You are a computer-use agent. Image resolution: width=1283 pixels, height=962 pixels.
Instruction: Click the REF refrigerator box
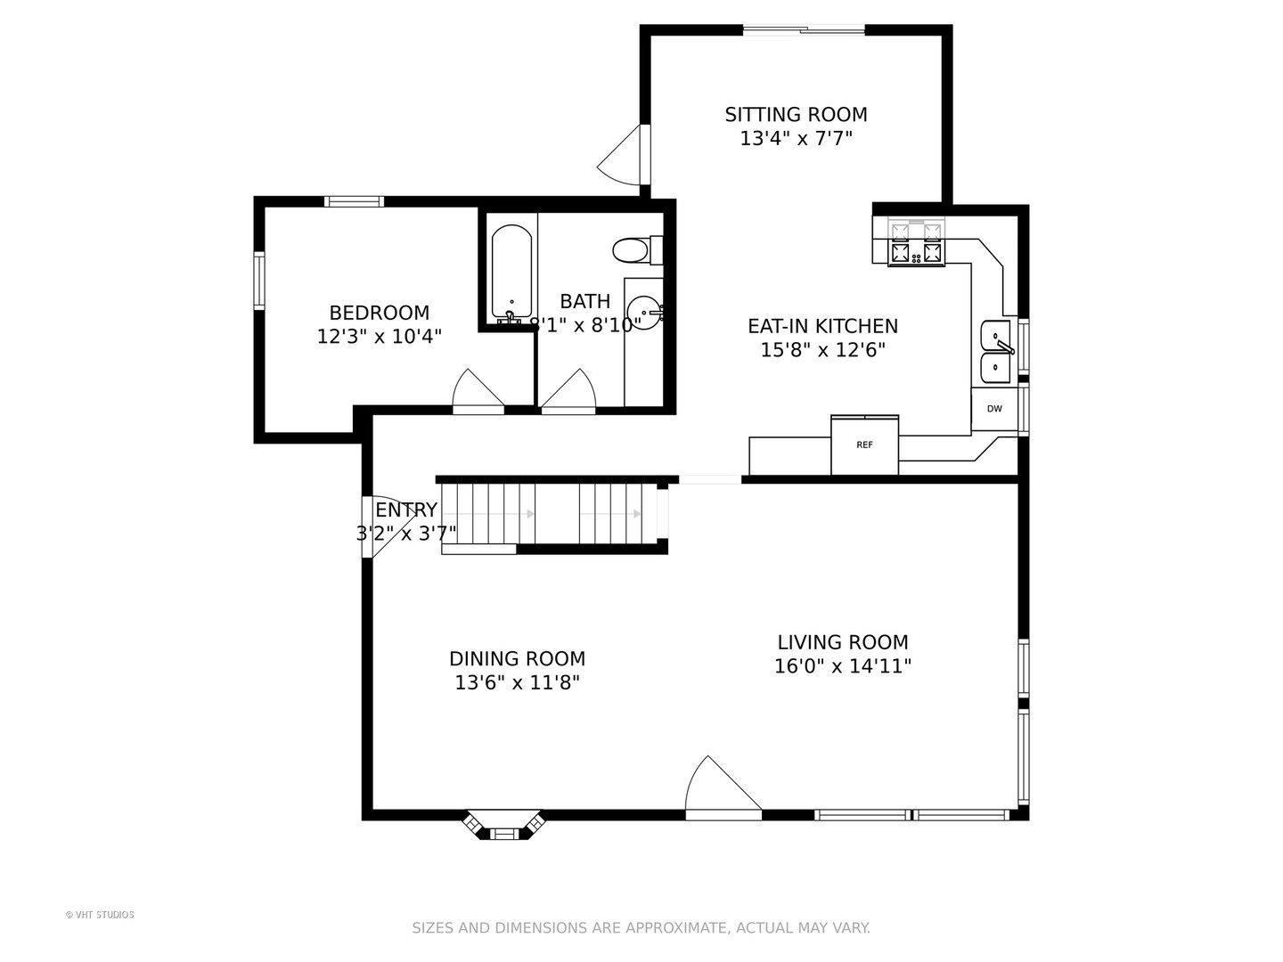click(864, 444)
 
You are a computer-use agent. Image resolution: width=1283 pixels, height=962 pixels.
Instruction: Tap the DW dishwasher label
click(994, 409)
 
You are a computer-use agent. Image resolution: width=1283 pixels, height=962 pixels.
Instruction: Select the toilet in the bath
click(638, 250)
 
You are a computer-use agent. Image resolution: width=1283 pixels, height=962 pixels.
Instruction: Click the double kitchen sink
click(997, 352)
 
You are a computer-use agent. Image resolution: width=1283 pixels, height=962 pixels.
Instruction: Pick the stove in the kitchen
click(916, 243)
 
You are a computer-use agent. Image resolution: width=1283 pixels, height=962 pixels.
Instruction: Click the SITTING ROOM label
click(797, 115)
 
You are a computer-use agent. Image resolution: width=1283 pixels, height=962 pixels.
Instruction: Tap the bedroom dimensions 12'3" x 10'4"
click(380, 337)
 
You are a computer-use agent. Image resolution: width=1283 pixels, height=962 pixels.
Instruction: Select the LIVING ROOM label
click(843, 642)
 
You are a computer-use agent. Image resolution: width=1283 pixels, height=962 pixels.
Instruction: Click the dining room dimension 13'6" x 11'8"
click(518, 682)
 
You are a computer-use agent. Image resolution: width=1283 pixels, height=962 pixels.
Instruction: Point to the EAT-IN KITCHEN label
click(823, 326)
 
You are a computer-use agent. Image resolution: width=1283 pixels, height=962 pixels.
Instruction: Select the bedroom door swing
click(478, 391)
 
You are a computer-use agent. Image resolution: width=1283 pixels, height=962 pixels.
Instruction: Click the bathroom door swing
click(568, 391)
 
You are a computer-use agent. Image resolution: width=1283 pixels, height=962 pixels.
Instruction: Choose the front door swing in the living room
click(723, 788)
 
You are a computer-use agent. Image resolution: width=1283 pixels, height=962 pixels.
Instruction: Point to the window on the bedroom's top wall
click(355, 201)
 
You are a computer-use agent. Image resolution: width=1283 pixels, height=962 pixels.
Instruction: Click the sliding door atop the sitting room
click(804, 29)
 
